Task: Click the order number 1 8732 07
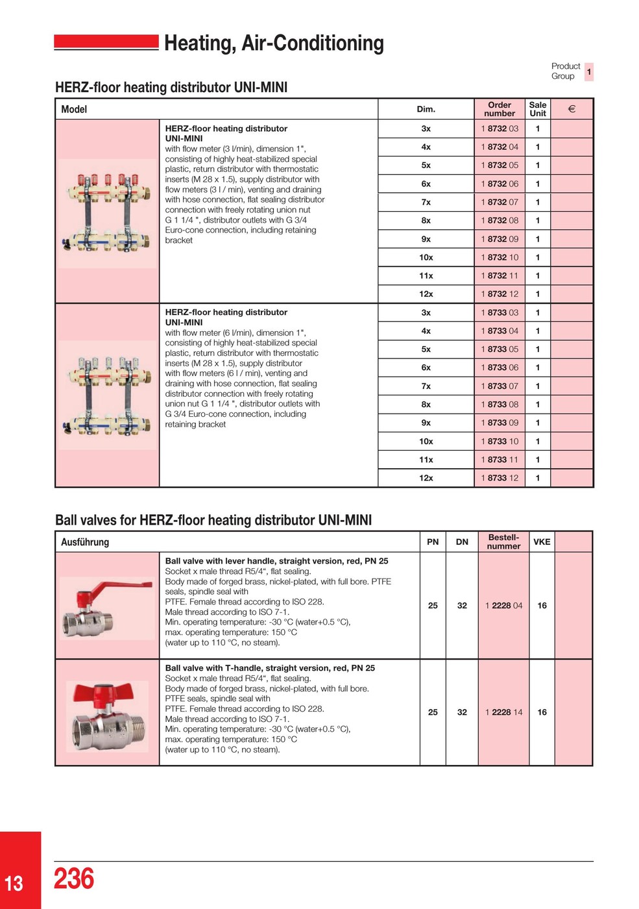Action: pyautogui.click(x=500, y=202)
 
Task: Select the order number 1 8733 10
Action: pyautogui.click(x=500, y=442)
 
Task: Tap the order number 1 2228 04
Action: pyautogui.click(x=503, y=606)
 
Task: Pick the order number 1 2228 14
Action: pyautogui.click(x=503, y=712)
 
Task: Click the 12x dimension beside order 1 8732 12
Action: pyautogui.click(x=426, y=294)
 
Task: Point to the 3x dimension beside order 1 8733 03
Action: pyautogui.click(x=426, y=312)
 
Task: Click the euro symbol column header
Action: pyautogui.click(x=572, y=109)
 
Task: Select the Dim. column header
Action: pyautogui.click(x=426, y=109)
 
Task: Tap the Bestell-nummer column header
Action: pyautogui.click(x=503, y=542)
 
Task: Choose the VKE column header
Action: pyautogui.click(x=542, y=542)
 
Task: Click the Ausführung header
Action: pyautogui.click(x=85, y=542)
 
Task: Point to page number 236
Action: pyautogui.click(x=73, y=878)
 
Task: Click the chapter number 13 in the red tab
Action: pyautogui.click(x=14, y=883)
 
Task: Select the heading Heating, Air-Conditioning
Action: pyautogui.click(x=274, y=43)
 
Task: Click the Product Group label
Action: pyautogui.click(x=565, y=71)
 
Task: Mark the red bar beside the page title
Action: pyautogui.click(x=106, y=42)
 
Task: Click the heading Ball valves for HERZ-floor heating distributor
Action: pyautogui.click(x=213, y=520)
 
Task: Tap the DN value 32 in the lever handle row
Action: pyautogui.click(x=462, y=606)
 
